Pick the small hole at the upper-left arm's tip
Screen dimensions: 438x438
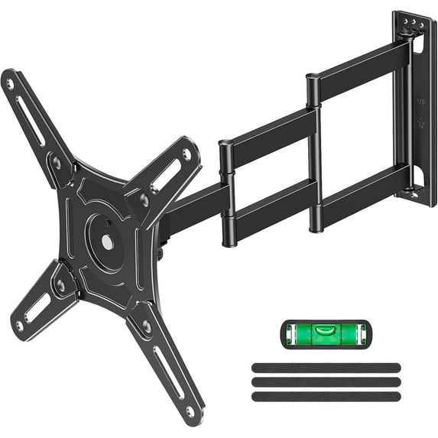(x=10, y=83)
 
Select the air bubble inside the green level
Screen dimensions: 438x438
(x=328, y=330)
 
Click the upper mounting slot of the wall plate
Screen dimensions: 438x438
(x=417, y=47)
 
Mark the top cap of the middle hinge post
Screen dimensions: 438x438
(x=312, y=76)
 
